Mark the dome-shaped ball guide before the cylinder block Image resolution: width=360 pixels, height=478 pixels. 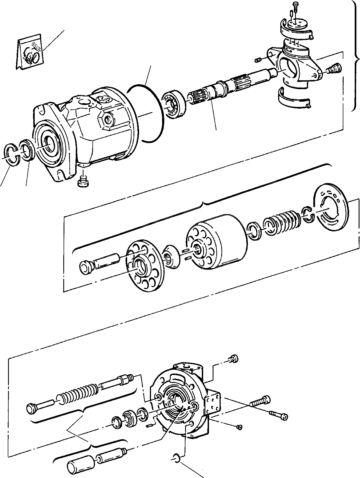[x=172, y=257]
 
